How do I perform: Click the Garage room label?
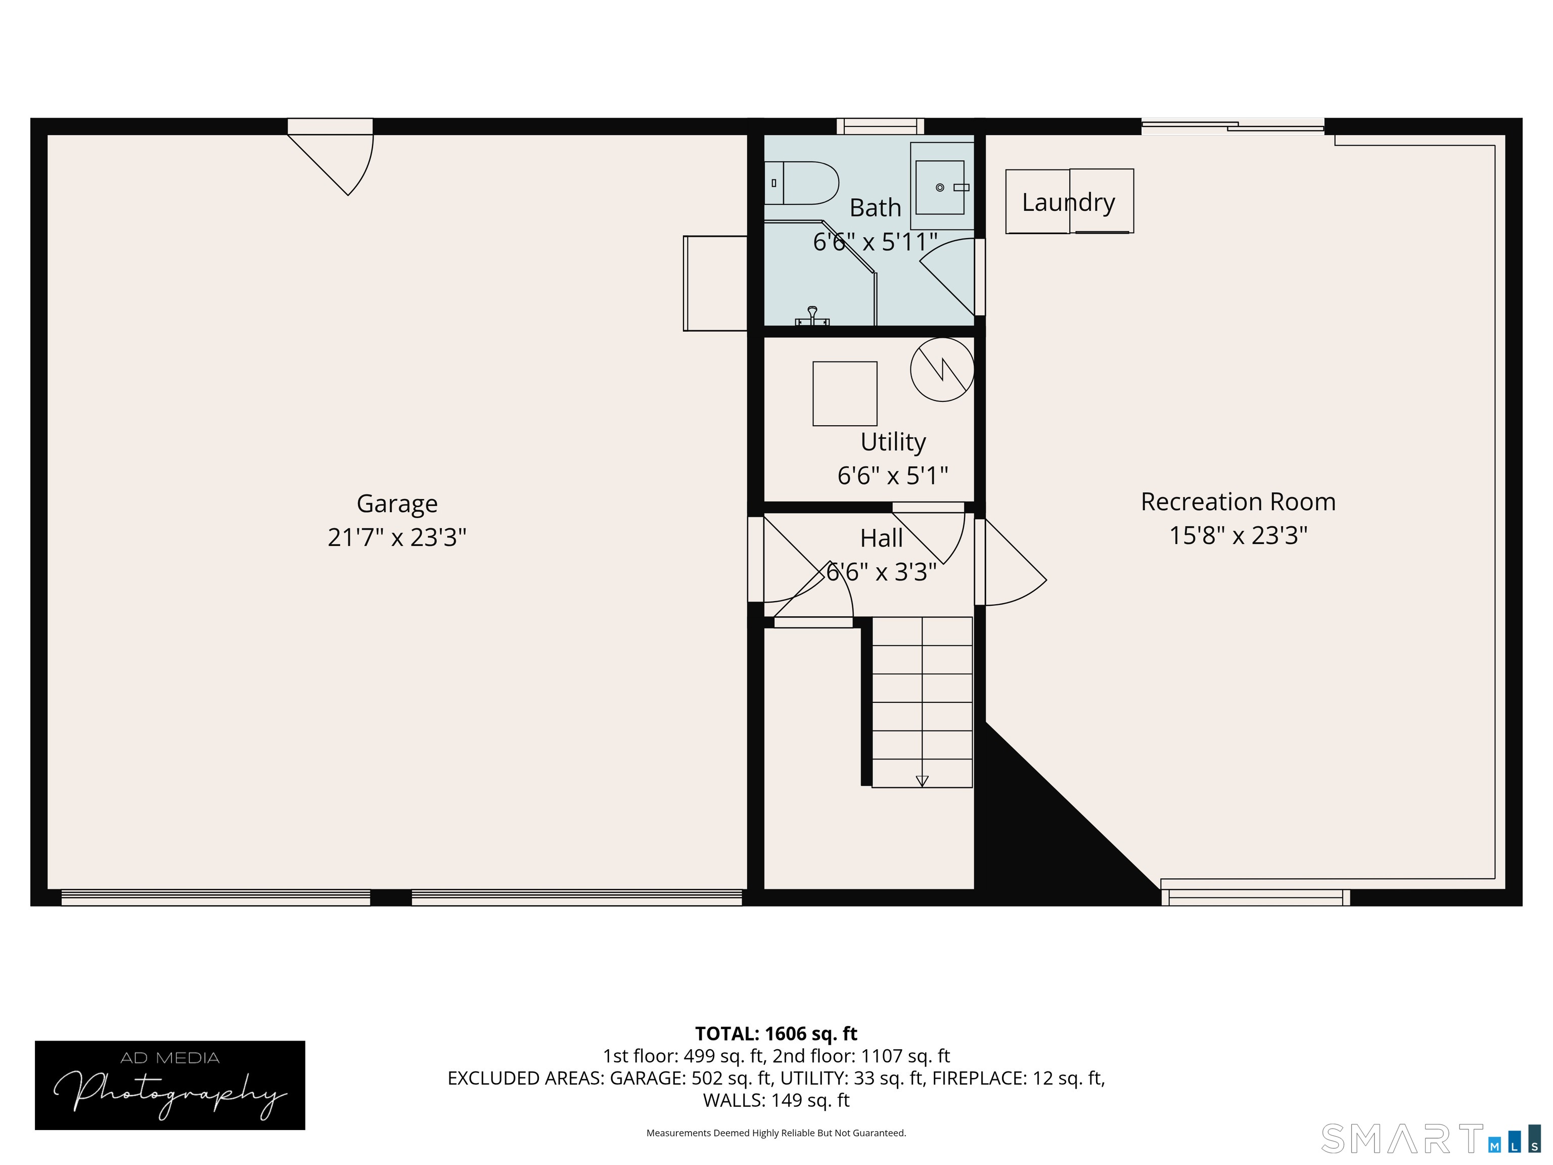click(397, 504)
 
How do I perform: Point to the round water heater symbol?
click(942, 370)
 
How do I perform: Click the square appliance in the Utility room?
click(845, 393)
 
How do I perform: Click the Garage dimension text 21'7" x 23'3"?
click(397, 537)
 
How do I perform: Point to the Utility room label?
click(893, 442)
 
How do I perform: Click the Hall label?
click(881, 539)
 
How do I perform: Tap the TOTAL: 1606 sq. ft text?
click(776, 1034)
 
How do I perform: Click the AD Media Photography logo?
click(170, 1085)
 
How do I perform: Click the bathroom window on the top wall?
click(881, 126)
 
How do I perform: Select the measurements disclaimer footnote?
click(776, 1133)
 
